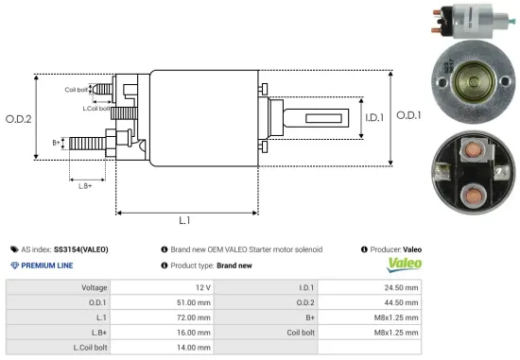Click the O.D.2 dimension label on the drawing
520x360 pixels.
[18, 120]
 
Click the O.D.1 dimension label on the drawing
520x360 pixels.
[408, 115]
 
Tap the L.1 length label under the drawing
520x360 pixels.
[185, 220]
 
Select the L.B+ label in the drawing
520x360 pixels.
[85, 185]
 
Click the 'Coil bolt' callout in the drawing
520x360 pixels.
[78, 90]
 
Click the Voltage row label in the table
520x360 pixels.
[95, 286]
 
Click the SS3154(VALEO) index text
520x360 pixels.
[81, 249]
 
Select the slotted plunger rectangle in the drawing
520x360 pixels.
[321, 118]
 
